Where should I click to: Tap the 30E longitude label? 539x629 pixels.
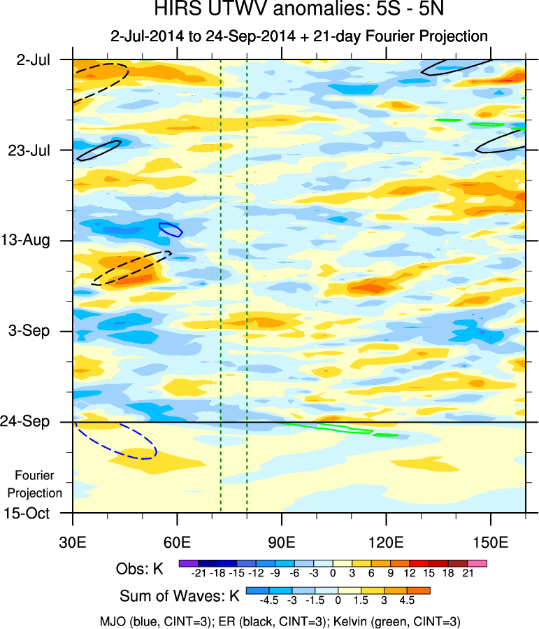click(73, 542)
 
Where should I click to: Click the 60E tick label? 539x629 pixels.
click(178, 542)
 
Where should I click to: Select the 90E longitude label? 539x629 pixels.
click(282, 542)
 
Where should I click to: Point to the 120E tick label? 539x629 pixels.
click(387, 542)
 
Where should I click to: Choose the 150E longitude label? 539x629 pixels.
click(491, 542)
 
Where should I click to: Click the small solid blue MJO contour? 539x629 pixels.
click(171, 229)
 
